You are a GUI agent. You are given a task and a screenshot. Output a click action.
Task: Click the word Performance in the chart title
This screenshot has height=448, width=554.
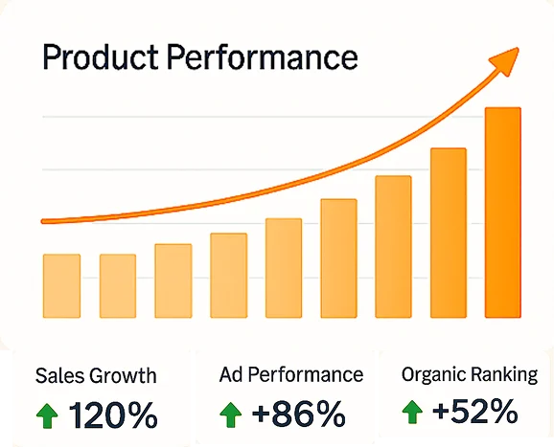click(x=262, y=58)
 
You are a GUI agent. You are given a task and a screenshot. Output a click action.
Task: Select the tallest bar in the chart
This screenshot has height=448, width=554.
click(x=503, y=213)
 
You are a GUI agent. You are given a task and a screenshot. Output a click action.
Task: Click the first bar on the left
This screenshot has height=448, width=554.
click(x=61, y=285)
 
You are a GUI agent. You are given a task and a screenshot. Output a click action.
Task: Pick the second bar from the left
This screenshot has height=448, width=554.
click(x=118, y=285)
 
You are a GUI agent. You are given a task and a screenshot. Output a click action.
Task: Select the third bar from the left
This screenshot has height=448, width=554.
click(x=173, y=280)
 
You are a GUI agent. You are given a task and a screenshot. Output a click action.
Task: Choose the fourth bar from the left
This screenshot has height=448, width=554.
click(x=228, y=275)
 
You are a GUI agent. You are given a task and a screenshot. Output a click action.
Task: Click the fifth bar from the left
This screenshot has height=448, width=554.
click(x=284, y=268)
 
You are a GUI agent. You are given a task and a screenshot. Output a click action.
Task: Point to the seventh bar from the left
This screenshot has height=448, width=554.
click(x=393, y=247)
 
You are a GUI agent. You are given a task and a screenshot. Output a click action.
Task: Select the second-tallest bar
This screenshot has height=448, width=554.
click(x=449, y=233)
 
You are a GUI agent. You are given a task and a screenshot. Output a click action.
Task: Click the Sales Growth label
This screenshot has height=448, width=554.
click(x=95, y=376)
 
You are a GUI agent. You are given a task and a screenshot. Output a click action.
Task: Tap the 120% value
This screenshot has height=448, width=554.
click(x=113, y=415)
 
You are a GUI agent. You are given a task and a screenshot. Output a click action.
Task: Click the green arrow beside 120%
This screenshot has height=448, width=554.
click(x=46, y=415)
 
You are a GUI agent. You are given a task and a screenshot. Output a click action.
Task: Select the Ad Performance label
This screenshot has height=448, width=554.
click(x=290, y=374)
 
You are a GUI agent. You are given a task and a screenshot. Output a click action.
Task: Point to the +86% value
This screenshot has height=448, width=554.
click(x=298, y=414)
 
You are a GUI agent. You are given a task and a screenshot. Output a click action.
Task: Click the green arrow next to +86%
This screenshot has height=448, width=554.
click(x=230, y=414)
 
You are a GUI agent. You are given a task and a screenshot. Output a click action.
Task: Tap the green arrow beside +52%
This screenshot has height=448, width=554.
click(x=412, y=414)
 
